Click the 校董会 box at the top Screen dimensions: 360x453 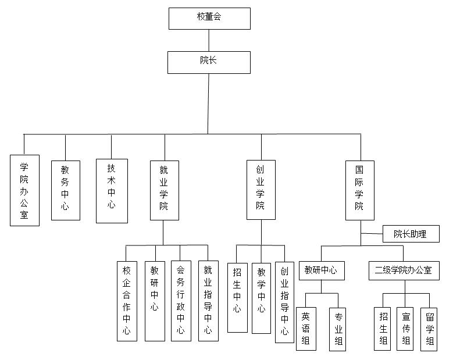[x=209, y=18]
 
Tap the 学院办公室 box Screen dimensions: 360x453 [x=24, y=190]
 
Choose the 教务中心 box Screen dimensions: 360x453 [x=65, y=190]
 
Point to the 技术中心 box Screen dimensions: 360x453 [x=112, y=191]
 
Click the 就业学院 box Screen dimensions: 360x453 [x=164, y=190]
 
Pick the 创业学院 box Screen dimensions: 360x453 [x=261, y=190]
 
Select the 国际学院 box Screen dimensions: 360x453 [x=360, y=190]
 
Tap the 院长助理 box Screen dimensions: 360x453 [x=411, y=234]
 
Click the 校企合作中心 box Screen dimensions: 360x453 [x=127, y=301]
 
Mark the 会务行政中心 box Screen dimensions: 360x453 [x=181, y=301]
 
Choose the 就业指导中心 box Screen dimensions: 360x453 [x=208, y=301]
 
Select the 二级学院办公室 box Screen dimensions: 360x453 [x=404, y=270]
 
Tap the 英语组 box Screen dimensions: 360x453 [x=306, y=329]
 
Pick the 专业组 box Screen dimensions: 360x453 [x=338, y=329]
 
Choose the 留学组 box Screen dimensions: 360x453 [x=429, y=329]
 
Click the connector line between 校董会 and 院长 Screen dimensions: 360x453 [x=209, y=40]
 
